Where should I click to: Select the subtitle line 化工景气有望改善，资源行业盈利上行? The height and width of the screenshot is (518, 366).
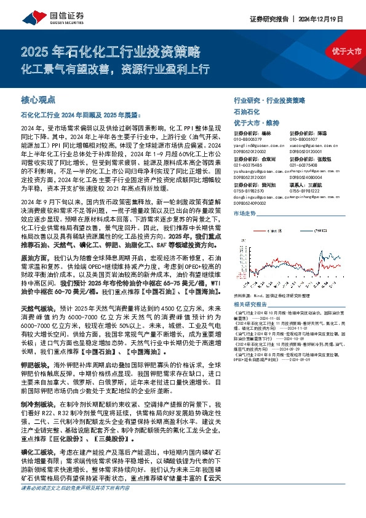point(116,65)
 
